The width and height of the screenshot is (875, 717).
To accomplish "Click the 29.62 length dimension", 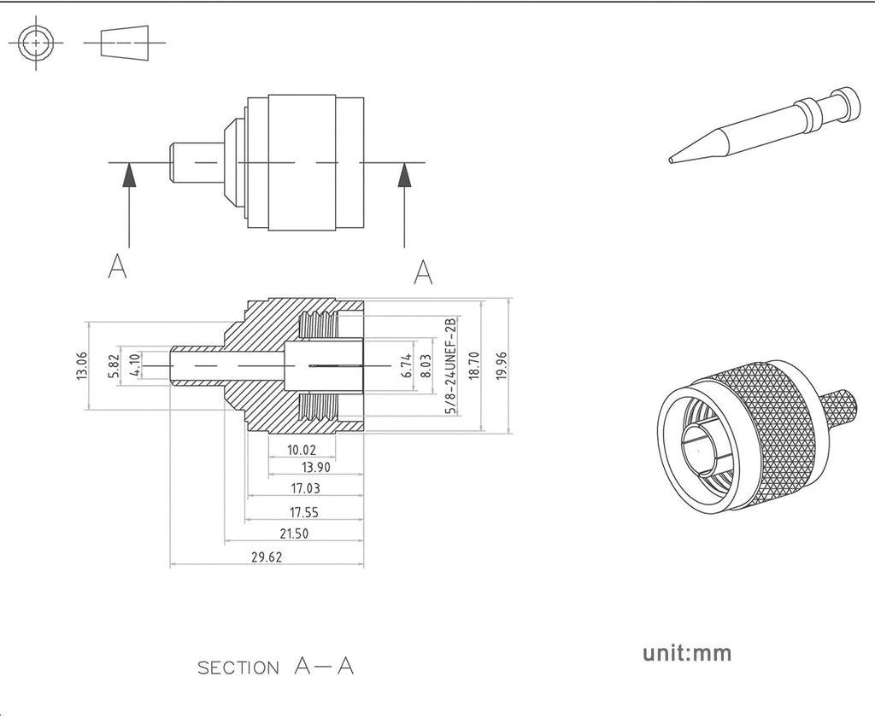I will (267, 557).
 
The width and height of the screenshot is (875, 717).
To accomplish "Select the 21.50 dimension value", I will (293, 533).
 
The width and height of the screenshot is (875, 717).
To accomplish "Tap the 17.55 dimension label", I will (303, 512).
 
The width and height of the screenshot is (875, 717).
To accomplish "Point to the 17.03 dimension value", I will (305, 489).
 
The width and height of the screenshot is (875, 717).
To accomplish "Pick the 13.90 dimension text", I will (316, 467).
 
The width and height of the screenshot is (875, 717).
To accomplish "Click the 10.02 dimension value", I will (302, 450).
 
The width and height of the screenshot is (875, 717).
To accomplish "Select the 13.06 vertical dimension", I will (82, 365).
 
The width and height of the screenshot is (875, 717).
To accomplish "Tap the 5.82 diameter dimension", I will (114, 365).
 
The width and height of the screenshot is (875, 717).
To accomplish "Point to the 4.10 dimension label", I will (135, 366).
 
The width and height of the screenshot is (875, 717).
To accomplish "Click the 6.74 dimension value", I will (407, 366).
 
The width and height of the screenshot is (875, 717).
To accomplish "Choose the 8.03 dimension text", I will (425, 366).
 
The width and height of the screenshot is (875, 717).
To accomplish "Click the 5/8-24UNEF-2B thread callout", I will (450, 365).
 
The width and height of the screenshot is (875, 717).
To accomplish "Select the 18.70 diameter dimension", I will (475, 366).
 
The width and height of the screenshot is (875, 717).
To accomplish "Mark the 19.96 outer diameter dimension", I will (502, 366).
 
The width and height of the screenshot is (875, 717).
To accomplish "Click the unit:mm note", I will (687, 654).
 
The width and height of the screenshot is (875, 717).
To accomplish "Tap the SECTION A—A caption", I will (275, 667).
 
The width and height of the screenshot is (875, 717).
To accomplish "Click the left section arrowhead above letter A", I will (128, 176).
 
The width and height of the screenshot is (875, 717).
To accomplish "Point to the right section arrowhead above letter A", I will (404, 176).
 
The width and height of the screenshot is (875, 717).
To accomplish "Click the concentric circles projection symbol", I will (36, 41).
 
